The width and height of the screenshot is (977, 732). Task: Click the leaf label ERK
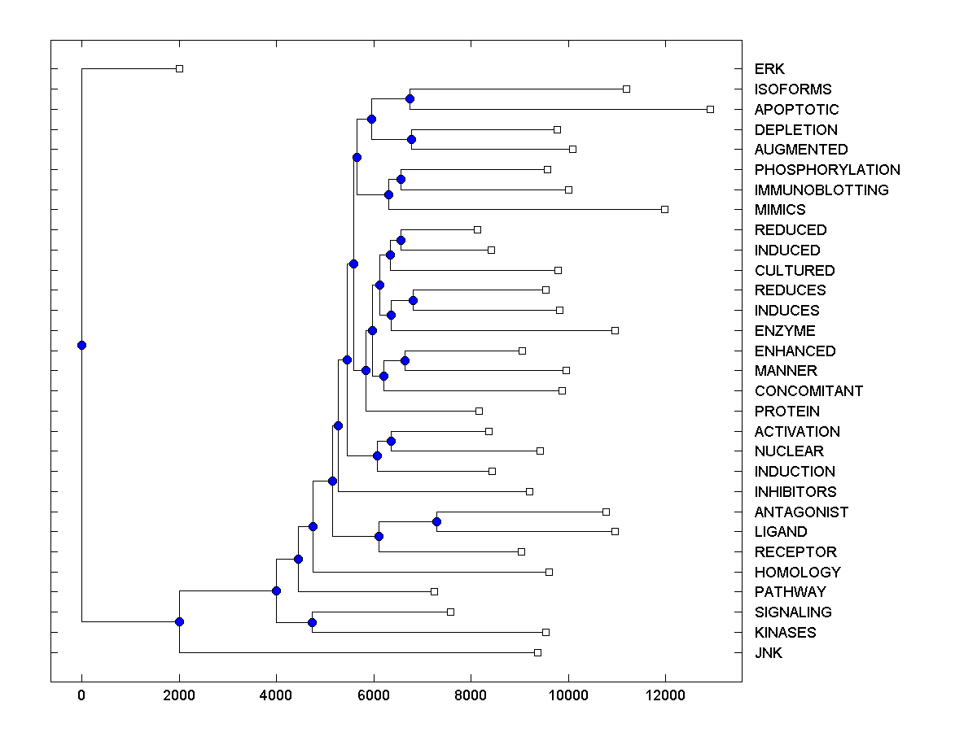pyautogui.click(x=769, y=69)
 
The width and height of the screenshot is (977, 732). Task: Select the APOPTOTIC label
pyautogui.click(x=796, y=110)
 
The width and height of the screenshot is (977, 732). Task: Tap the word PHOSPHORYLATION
pyautogui.click(x=827, y=170)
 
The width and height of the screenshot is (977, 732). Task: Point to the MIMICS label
pyautogui.click(x=779, y=210)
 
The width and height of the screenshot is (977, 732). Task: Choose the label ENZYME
pyautogui.click(x=784, y=331)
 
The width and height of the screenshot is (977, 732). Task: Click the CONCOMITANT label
pyautogui.click(x=808, y=391)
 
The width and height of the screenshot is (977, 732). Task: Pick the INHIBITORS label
pyautogui.click(x=795, y=492)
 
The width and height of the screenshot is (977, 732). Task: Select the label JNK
pyautogui.click(x=768, y=653)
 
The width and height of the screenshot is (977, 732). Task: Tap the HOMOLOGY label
pyautogui.click(x=797, y=573)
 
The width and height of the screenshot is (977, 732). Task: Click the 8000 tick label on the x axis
pyautogui.click(x=471, y=694)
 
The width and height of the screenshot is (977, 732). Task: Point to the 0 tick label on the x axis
pyautogui.click(x=81, y=694)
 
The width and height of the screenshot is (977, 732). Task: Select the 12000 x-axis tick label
pyautogui.click(x=665, y=694)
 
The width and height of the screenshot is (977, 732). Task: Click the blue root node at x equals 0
pyautogui.click(x=81, y=345)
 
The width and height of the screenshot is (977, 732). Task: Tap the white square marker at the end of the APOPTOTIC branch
pyautogui.click(x=710, y=109)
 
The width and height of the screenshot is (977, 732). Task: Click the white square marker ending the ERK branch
pyautogui.click(x=180, y=68)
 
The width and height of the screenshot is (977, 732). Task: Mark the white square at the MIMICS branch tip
pyautogui.click(x=664, y=209)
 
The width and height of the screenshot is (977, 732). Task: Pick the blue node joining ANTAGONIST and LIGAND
pyautogui.click(x=437, y=521)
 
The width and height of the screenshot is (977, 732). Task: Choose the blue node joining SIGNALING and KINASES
pyautogui.click(x=312, y=622)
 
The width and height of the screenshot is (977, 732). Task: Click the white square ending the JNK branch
pyautogui.click(x=537, y=652)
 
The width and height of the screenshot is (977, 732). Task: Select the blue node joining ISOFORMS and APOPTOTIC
pyautogui.click(x=410, y=98)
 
